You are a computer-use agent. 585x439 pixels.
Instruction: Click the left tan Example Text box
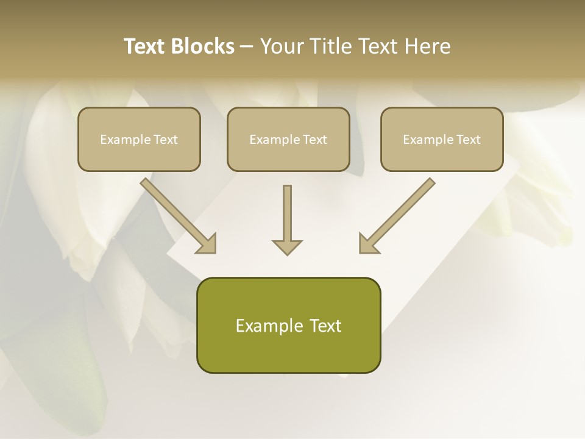coord(139,139)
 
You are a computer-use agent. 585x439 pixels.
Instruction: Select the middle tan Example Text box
coord(288,139)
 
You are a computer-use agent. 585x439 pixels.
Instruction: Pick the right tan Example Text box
coord(442,139)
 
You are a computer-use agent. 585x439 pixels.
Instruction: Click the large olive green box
coord(288,325)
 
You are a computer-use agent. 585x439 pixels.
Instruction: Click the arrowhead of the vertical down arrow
coord(287,246)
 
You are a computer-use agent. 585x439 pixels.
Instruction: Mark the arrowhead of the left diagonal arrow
coord(207,243)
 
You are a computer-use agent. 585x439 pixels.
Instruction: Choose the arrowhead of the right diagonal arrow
coord(368,243)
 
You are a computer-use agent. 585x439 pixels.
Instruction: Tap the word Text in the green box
coord(325,326)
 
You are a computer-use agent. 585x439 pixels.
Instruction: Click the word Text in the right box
coord(469,140)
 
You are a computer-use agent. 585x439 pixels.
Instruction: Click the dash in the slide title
coord(247,46)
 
